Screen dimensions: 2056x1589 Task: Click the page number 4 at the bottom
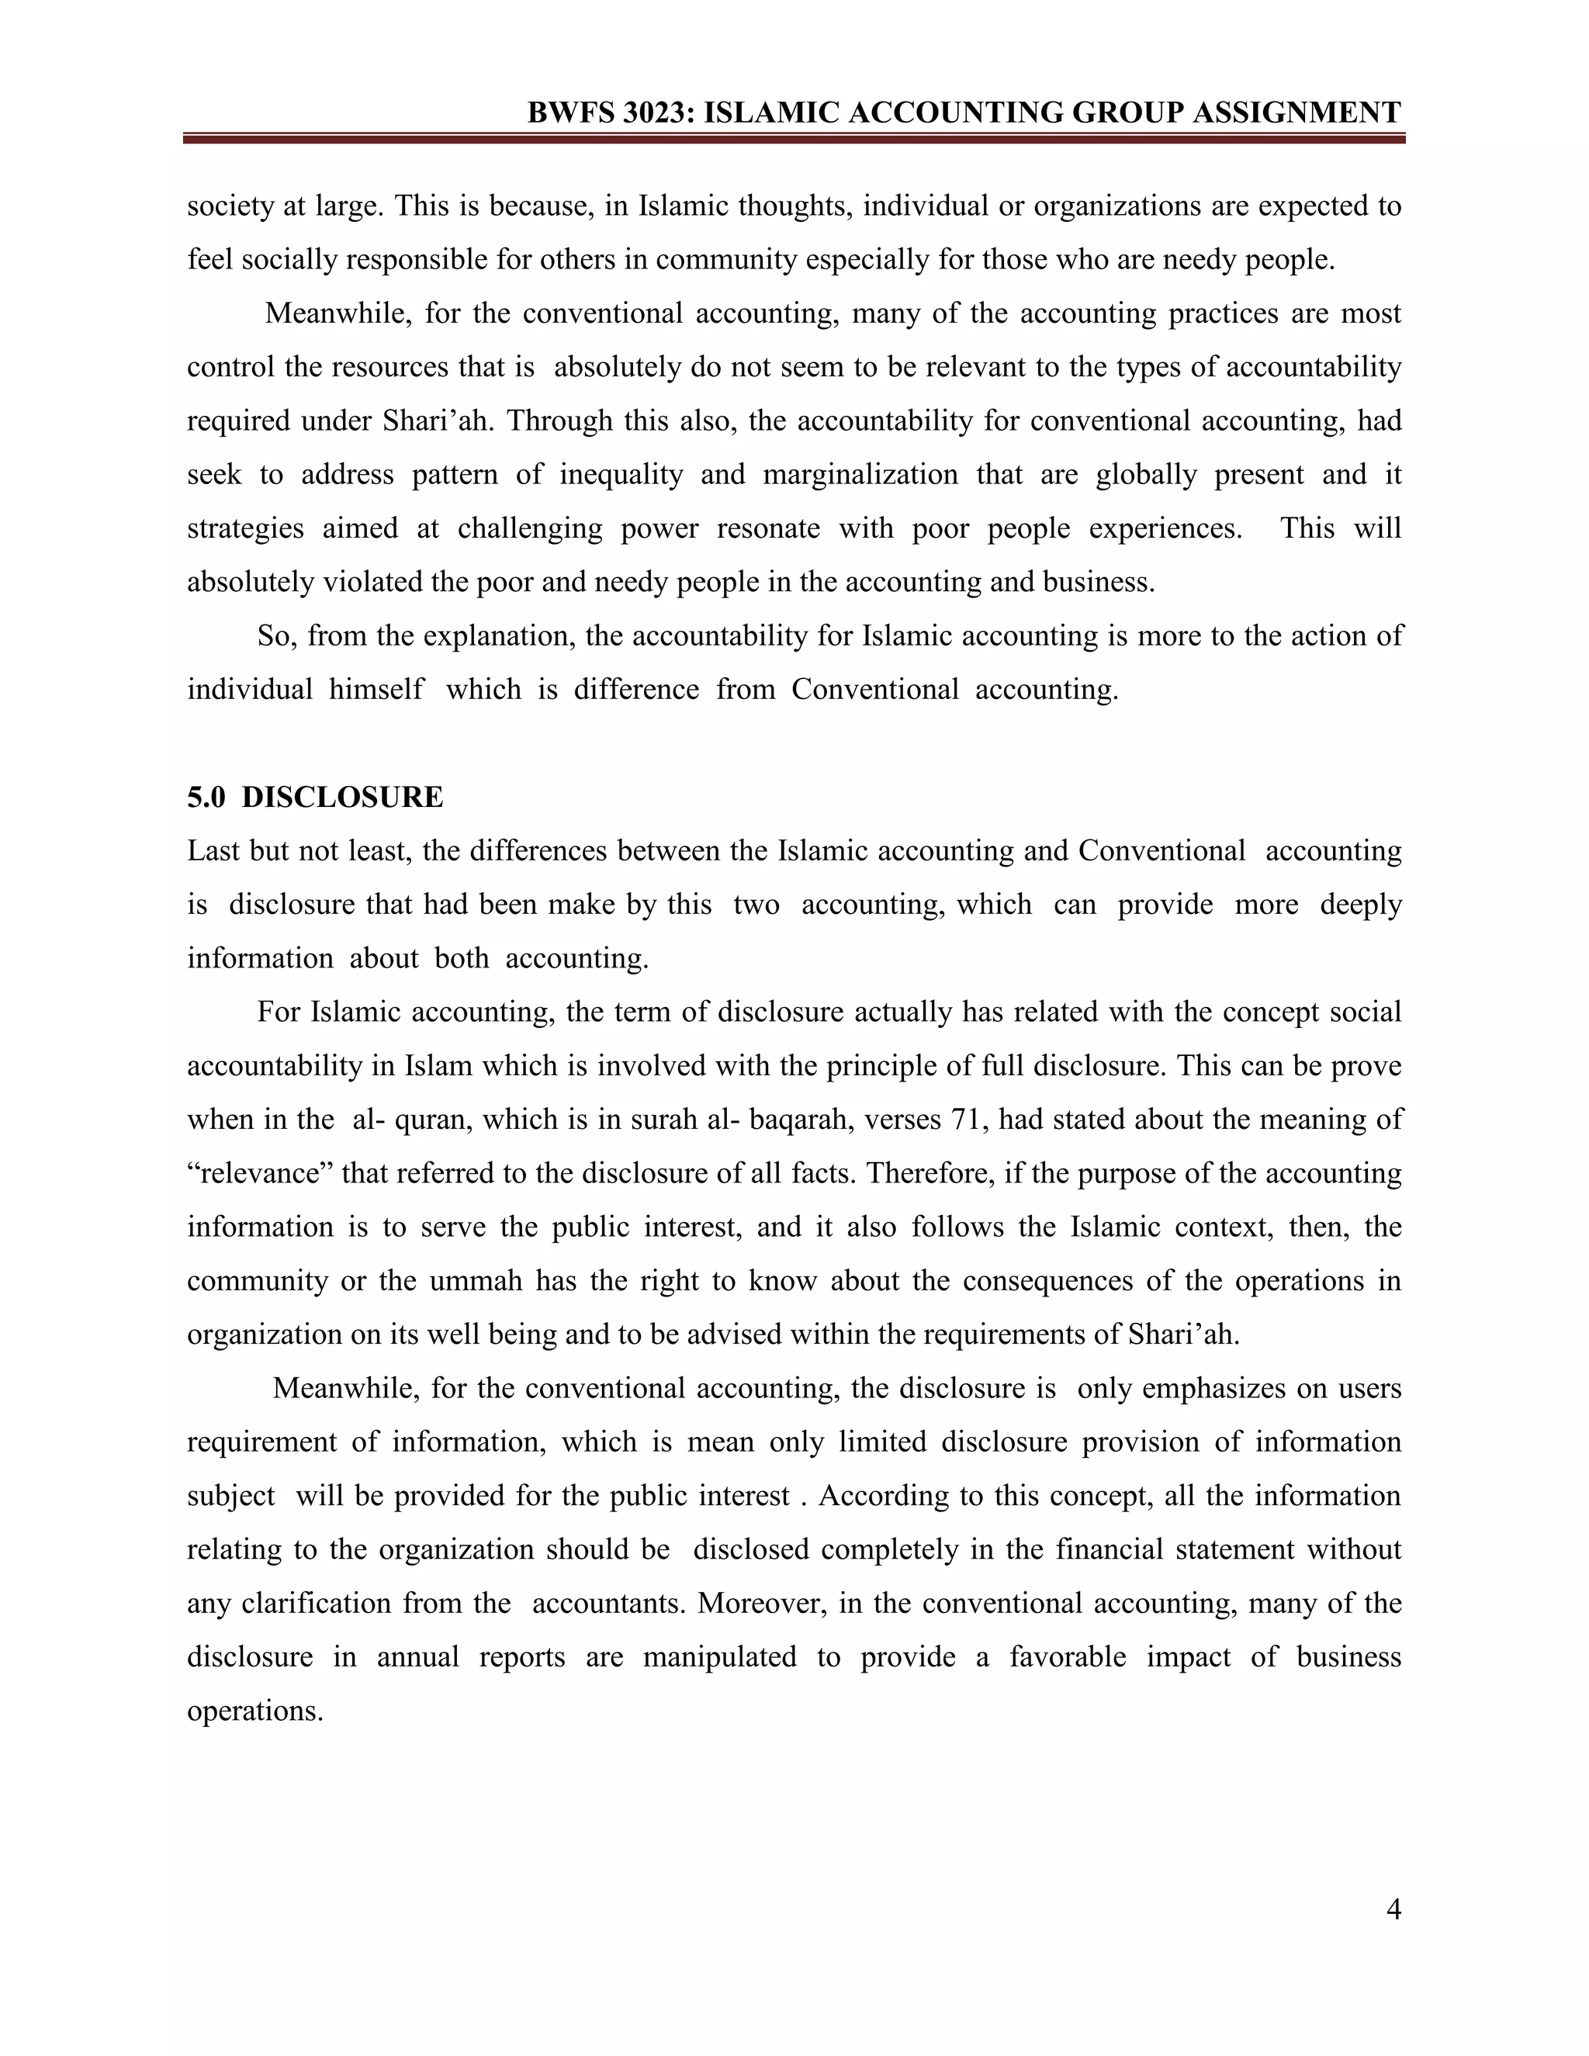(1393, 1909)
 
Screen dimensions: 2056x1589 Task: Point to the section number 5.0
(206, 798)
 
